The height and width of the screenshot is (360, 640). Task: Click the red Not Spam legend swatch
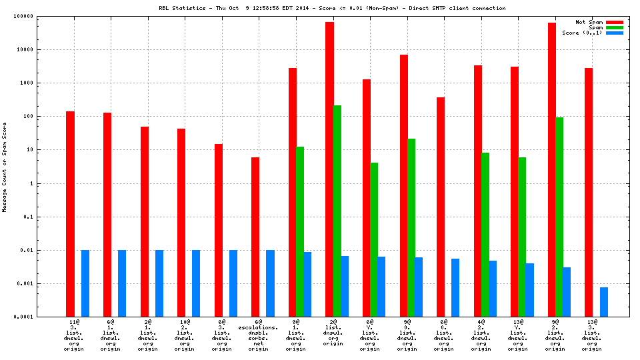[x=614, y=22]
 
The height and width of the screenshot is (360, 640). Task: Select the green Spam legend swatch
[x=614, y=27]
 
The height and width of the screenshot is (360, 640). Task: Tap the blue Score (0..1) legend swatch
[x=614, y=33]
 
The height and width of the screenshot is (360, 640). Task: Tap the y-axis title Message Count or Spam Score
[x=5, y=167]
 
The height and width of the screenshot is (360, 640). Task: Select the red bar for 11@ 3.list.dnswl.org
[x=70, y=214]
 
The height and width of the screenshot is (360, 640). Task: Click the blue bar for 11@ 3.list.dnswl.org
[x=85, y=283]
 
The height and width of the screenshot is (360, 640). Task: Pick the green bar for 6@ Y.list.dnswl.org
[x=374, y=239]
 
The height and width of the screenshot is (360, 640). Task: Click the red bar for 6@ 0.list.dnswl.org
[x=441, y=207]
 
